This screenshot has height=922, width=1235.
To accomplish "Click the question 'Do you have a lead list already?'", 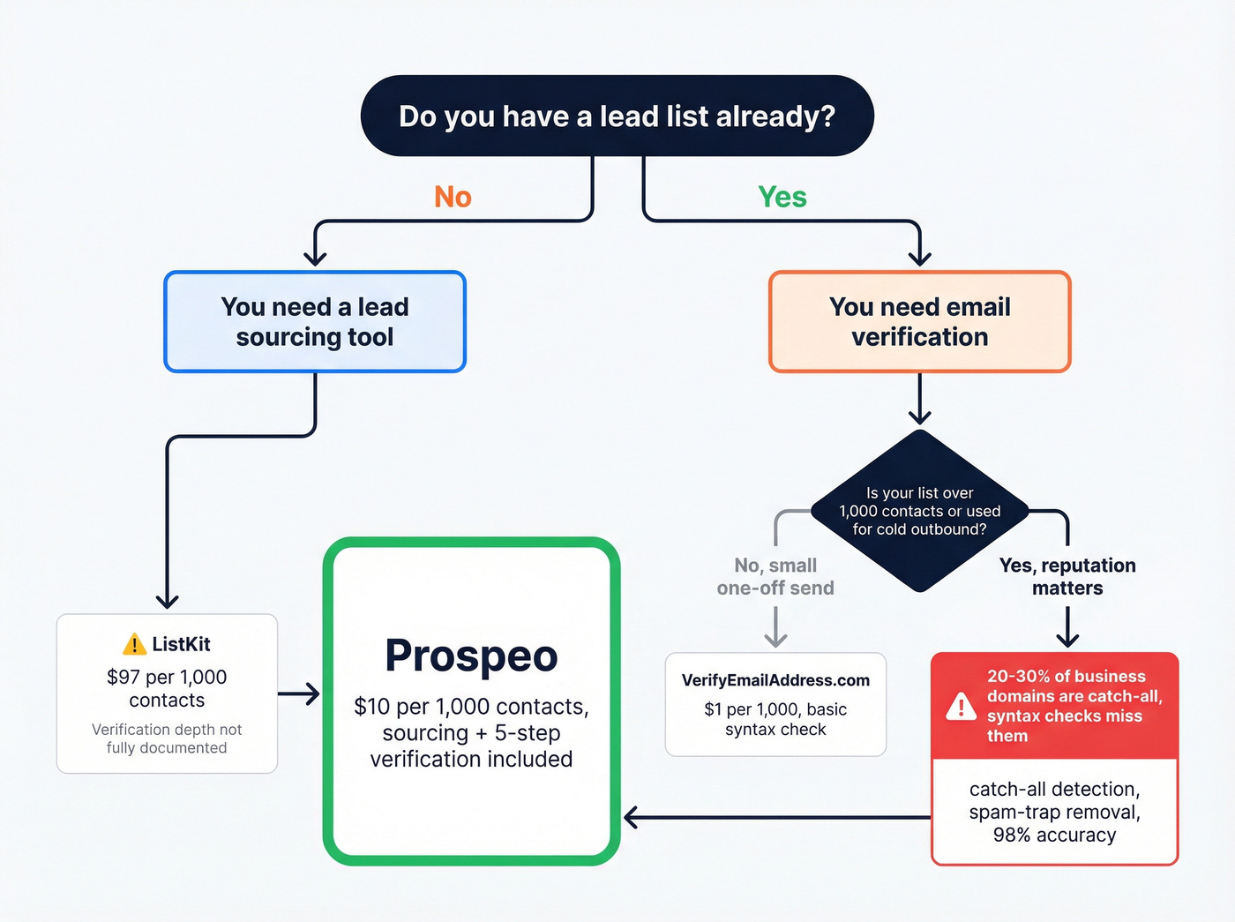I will [x=617, y=116].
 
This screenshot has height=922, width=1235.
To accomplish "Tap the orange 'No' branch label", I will [x=453, y=197].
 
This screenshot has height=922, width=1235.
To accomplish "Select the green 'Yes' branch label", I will [x=782, y=197].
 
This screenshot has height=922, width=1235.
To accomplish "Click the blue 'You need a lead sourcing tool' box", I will [x=315, y=322].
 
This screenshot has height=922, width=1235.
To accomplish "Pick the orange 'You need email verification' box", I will [x=919, y=322].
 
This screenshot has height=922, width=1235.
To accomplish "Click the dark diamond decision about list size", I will [x=919, y=511].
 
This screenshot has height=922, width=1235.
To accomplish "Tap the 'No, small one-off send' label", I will [x=775, y=577].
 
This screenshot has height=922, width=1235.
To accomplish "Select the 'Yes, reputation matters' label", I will [x=1067, y=577].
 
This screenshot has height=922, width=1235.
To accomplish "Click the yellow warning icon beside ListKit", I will [x=134, y=645].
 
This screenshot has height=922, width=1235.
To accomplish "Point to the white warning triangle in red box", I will [x=961, y=707].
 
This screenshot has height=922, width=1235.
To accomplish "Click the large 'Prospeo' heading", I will [x=471, y=656].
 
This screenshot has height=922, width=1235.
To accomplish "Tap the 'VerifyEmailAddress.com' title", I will [x=775, y=680].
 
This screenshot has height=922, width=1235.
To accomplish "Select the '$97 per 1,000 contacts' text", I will [x=167, y=688].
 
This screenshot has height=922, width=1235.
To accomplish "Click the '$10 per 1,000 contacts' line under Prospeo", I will [x=471, y=707].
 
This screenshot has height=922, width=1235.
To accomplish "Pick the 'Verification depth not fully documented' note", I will [x=167, y=738].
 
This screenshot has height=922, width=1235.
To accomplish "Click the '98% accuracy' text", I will [x=1054, y=835].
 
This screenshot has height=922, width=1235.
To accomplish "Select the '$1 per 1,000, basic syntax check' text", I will [x=775, y=719].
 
